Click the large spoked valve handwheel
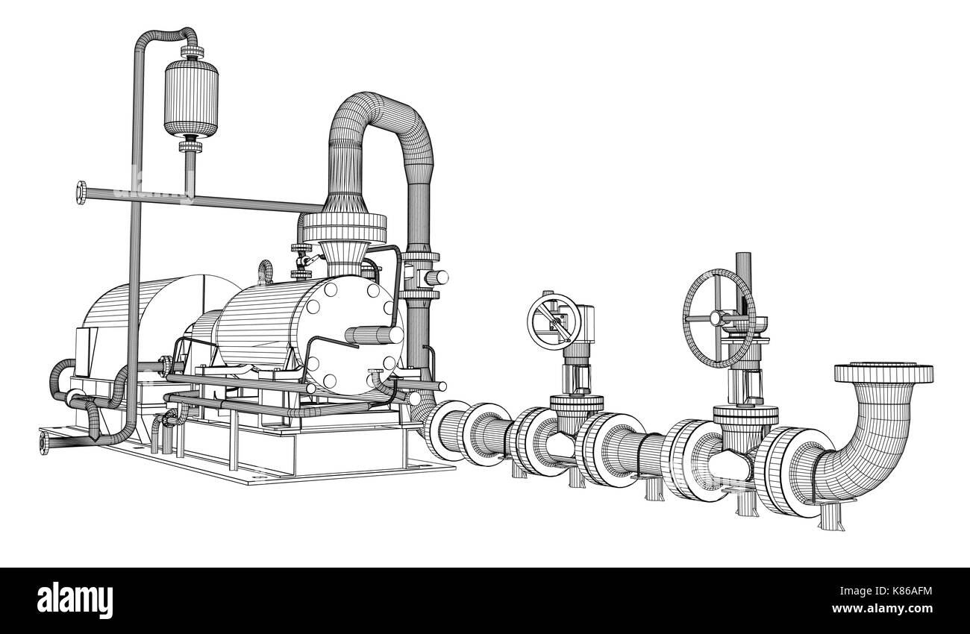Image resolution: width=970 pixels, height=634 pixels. tap(719, 318)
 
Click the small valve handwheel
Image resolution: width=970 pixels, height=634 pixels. tap(554, 320)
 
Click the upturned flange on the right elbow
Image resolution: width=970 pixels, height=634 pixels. tap(882, 372)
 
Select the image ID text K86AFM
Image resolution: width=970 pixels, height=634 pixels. tap(898, 593)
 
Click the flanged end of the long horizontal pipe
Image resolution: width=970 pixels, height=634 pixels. tap(80, 193)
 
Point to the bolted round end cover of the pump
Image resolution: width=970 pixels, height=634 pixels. tap(349, 336)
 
